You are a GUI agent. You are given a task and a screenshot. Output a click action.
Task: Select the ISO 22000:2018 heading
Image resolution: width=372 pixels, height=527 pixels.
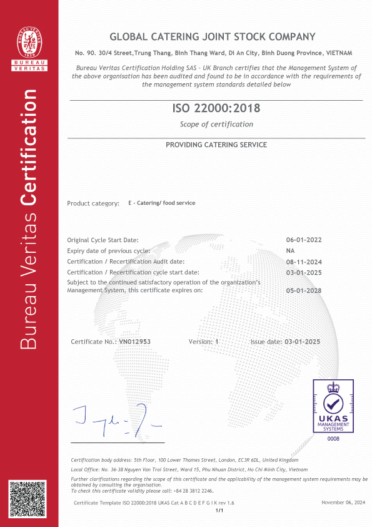point(216,108)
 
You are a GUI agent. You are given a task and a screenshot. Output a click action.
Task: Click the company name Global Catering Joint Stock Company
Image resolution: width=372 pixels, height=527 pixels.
point(213,37)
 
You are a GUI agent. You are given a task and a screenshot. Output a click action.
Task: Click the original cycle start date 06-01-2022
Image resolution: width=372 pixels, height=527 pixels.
point(303,240)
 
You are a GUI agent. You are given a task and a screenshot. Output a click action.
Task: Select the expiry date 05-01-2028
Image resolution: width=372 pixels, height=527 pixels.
point(303,290)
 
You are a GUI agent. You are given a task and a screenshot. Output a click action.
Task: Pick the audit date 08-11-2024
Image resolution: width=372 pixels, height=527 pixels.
point(303,261)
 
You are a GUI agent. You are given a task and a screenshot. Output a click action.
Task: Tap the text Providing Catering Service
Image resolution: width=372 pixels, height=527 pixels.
point(216,145)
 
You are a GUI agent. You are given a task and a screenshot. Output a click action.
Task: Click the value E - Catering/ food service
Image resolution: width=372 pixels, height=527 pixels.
point(161,203)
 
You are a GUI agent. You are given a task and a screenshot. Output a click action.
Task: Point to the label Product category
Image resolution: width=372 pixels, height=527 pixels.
point(93,203)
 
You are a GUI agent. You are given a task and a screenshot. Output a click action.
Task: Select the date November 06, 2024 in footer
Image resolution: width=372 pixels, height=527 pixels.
point(343,503)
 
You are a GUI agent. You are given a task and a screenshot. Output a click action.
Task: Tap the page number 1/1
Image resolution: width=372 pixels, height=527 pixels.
point(219,511)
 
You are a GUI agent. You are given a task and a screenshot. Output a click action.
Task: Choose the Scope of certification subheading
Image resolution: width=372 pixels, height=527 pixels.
point(216,124)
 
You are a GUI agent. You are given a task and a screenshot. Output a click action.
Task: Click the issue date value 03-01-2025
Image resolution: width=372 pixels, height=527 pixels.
point(303,342)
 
